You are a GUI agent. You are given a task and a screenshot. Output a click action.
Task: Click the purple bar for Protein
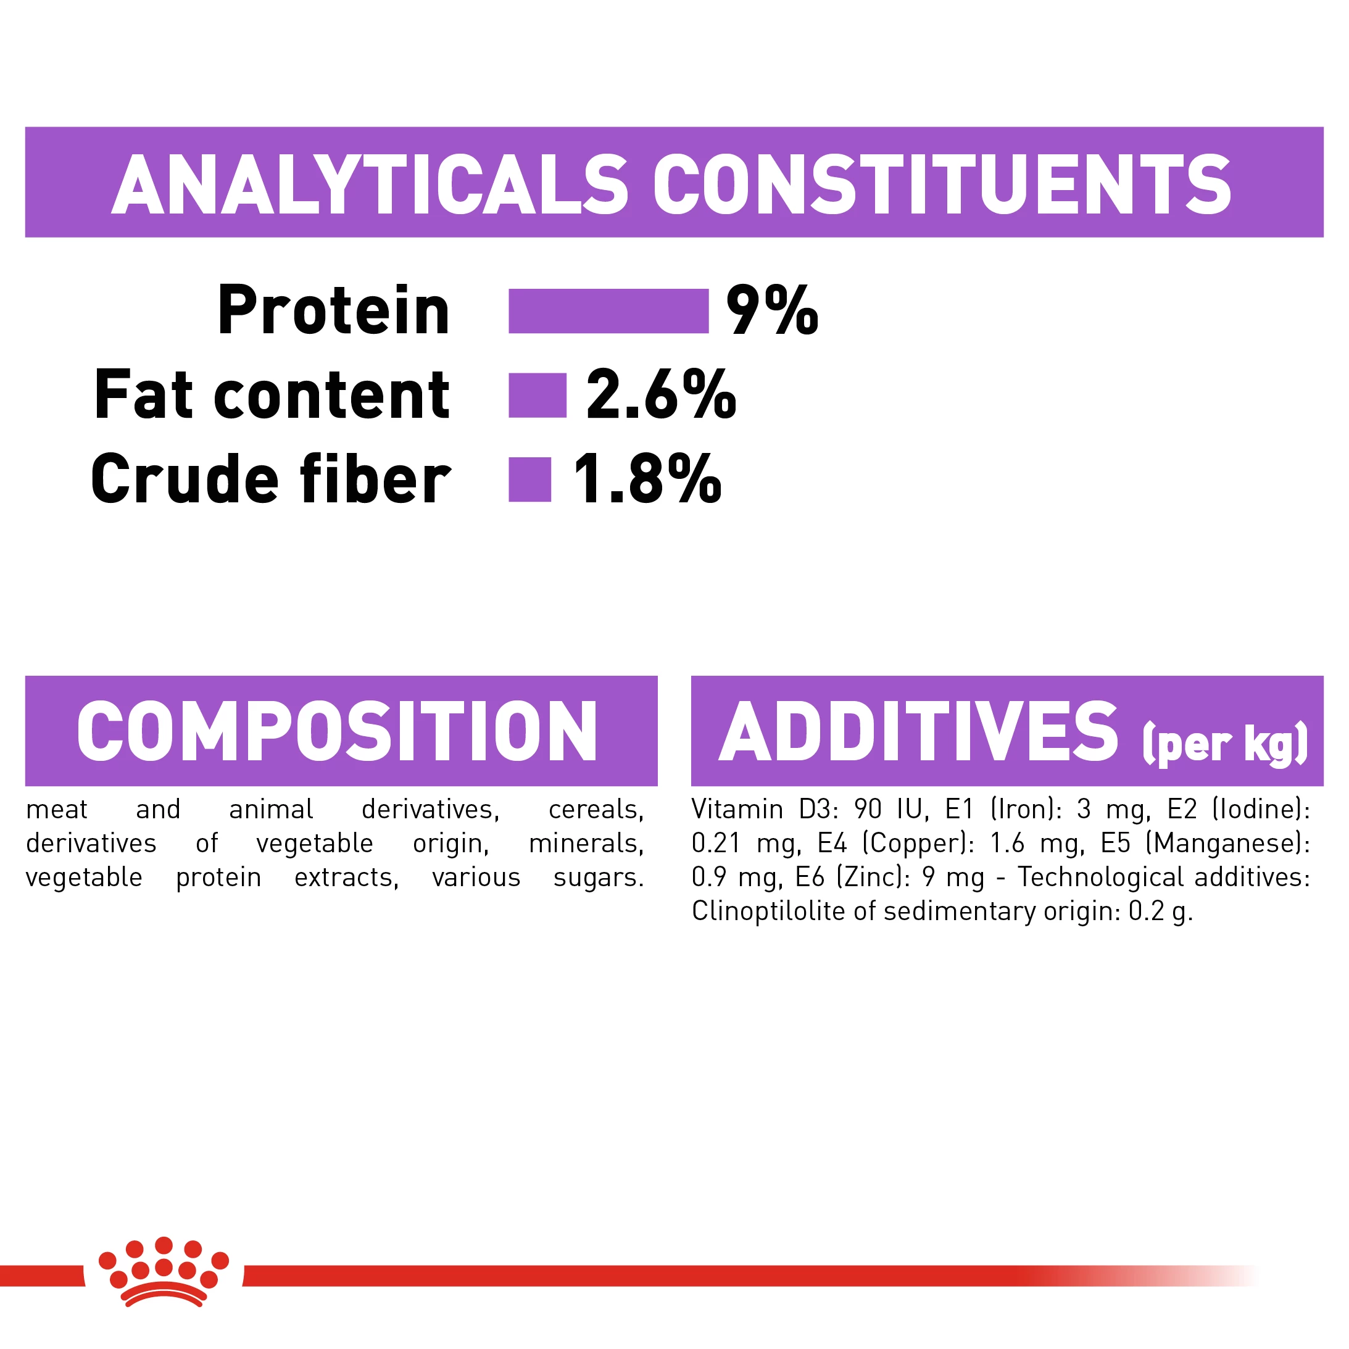[x=608, y=311]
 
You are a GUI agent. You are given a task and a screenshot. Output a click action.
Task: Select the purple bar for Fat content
[x=537, y=395]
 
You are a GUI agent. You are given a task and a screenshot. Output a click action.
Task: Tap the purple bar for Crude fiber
[x=529, y=479]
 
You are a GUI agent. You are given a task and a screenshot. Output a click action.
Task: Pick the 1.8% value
[x=647, y=478]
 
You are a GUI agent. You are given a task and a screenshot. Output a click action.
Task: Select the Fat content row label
[x=272, y=394]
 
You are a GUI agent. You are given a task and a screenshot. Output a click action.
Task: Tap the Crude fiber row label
[x=271, y=478]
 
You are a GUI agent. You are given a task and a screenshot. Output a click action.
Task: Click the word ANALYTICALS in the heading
[x=370, y=185]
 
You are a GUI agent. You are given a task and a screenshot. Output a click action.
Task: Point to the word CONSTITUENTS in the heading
[x=942, y=185]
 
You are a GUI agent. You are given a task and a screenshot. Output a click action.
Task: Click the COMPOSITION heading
[x=337, y=731]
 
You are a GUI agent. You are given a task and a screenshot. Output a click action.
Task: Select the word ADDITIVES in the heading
[x=918, y=731]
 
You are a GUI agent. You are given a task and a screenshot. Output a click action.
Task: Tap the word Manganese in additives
[x=1227, y=844]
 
